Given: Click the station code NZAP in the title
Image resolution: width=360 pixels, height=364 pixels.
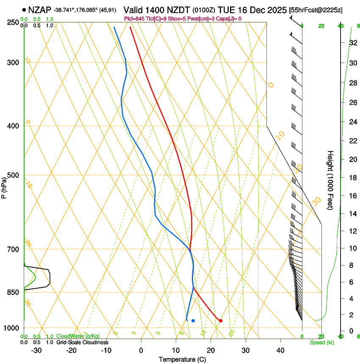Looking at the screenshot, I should [40, 9].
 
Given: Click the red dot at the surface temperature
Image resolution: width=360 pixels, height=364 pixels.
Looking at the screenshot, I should [220, 320].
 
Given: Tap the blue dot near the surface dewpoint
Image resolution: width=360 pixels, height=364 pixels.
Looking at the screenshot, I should [193, 320].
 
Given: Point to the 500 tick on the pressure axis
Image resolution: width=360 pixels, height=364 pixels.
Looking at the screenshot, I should [12, 175].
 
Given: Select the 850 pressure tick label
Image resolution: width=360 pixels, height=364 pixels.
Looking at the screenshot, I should [12, 292].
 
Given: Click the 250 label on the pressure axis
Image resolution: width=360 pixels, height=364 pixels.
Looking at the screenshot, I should [12, 22].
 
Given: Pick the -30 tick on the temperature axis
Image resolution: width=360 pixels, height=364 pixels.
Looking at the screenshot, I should [36, 350].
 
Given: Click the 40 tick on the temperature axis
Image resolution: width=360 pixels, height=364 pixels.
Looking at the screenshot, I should [280, 350].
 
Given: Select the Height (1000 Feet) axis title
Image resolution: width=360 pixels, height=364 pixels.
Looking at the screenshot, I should [331, 180].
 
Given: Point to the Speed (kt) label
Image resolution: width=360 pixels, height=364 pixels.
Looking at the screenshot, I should [321, 342].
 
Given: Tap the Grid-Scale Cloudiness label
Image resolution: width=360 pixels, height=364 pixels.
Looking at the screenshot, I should [82, 342].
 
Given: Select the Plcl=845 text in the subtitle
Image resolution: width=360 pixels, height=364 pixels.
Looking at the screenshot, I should [135, 19].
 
